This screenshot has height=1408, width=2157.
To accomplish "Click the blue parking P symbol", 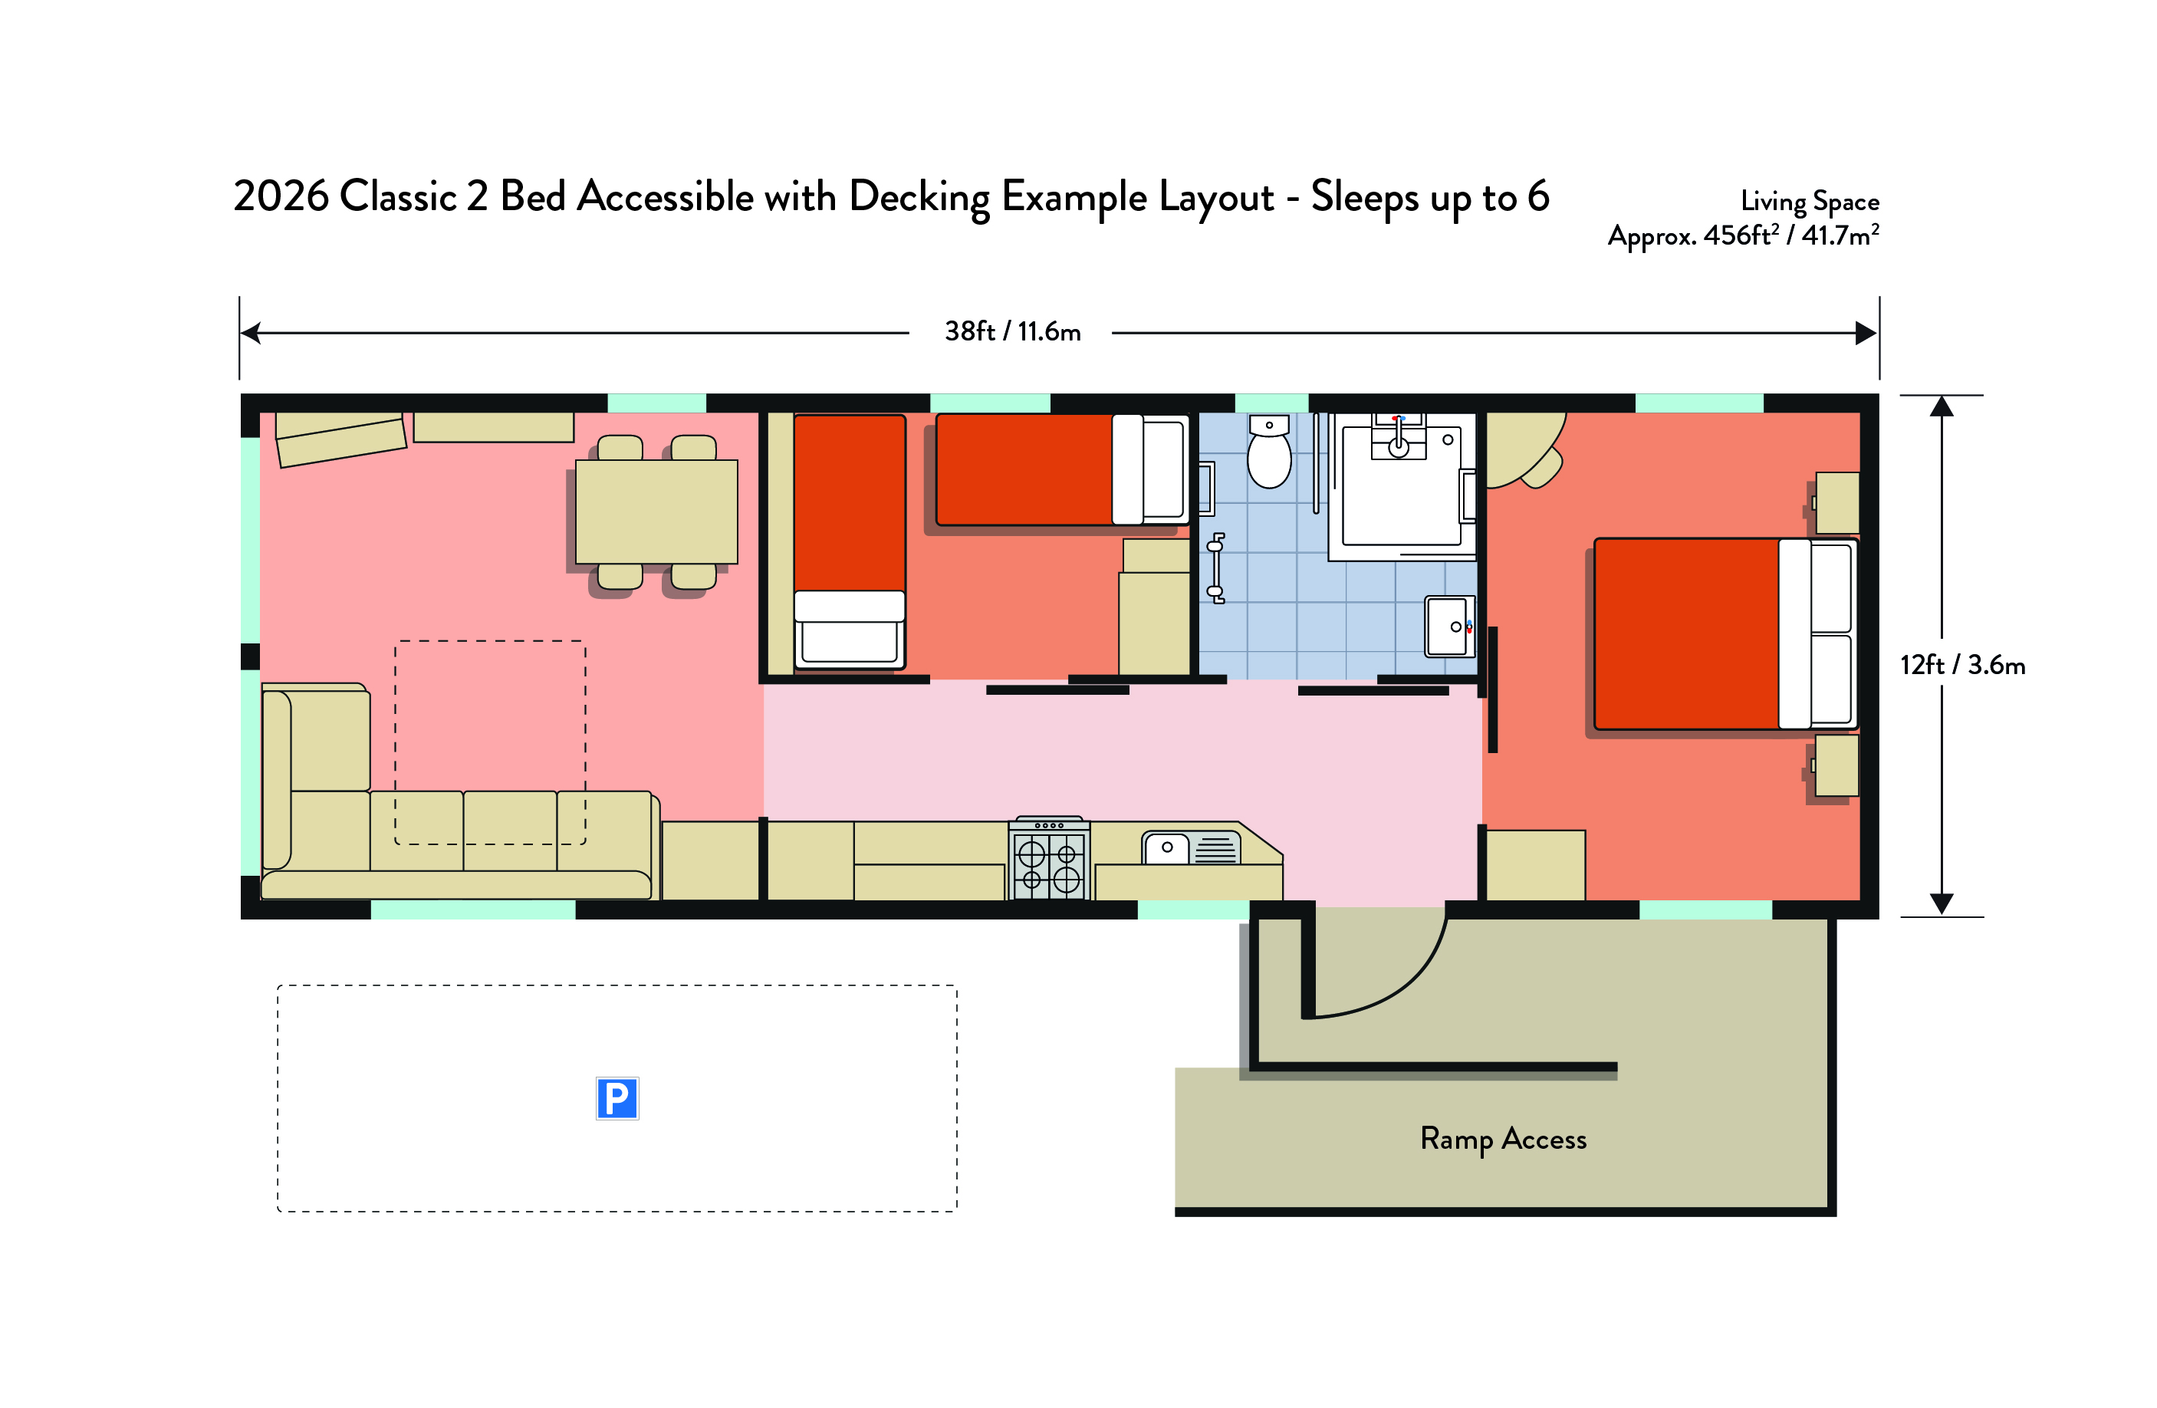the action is pyautogui.click(x=617, y=1098).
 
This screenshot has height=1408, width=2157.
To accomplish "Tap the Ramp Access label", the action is pyautogui.click(x=1503, y=1139).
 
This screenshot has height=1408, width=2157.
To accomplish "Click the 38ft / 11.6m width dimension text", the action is pyautogui.click(x=1012, y=332).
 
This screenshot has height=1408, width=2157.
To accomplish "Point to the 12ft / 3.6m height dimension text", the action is pyautogui.click(x=1962, y=666).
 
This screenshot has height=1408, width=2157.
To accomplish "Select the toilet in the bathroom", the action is pyautogui.click(x=1269, y=452).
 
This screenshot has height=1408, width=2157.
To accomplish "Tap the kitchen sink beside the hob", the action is pyautogui.click(x=1190, y=847).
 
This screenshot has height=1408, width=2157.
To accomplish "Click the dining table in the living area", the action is pyautogui.click(x=656, y=512).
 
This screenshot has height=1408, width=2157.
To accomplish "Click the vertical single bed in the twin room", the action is pyautogui.click(x=849, y=542).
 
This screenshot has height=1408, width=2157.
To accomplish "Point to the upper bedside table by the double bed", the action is pyautogui.click(x=1837, y=502).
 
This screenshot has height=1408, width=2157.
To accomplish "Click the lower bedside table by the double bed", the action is pyautogui.click(x=1836, y=766).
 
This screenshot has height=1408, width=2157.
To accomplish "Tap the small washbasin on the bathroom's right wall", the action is pyautogui.click(x=1449, y=626).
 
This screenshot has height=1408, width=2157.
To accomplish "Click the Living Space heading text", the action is pyautogui.click(x=1809, y=201).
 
